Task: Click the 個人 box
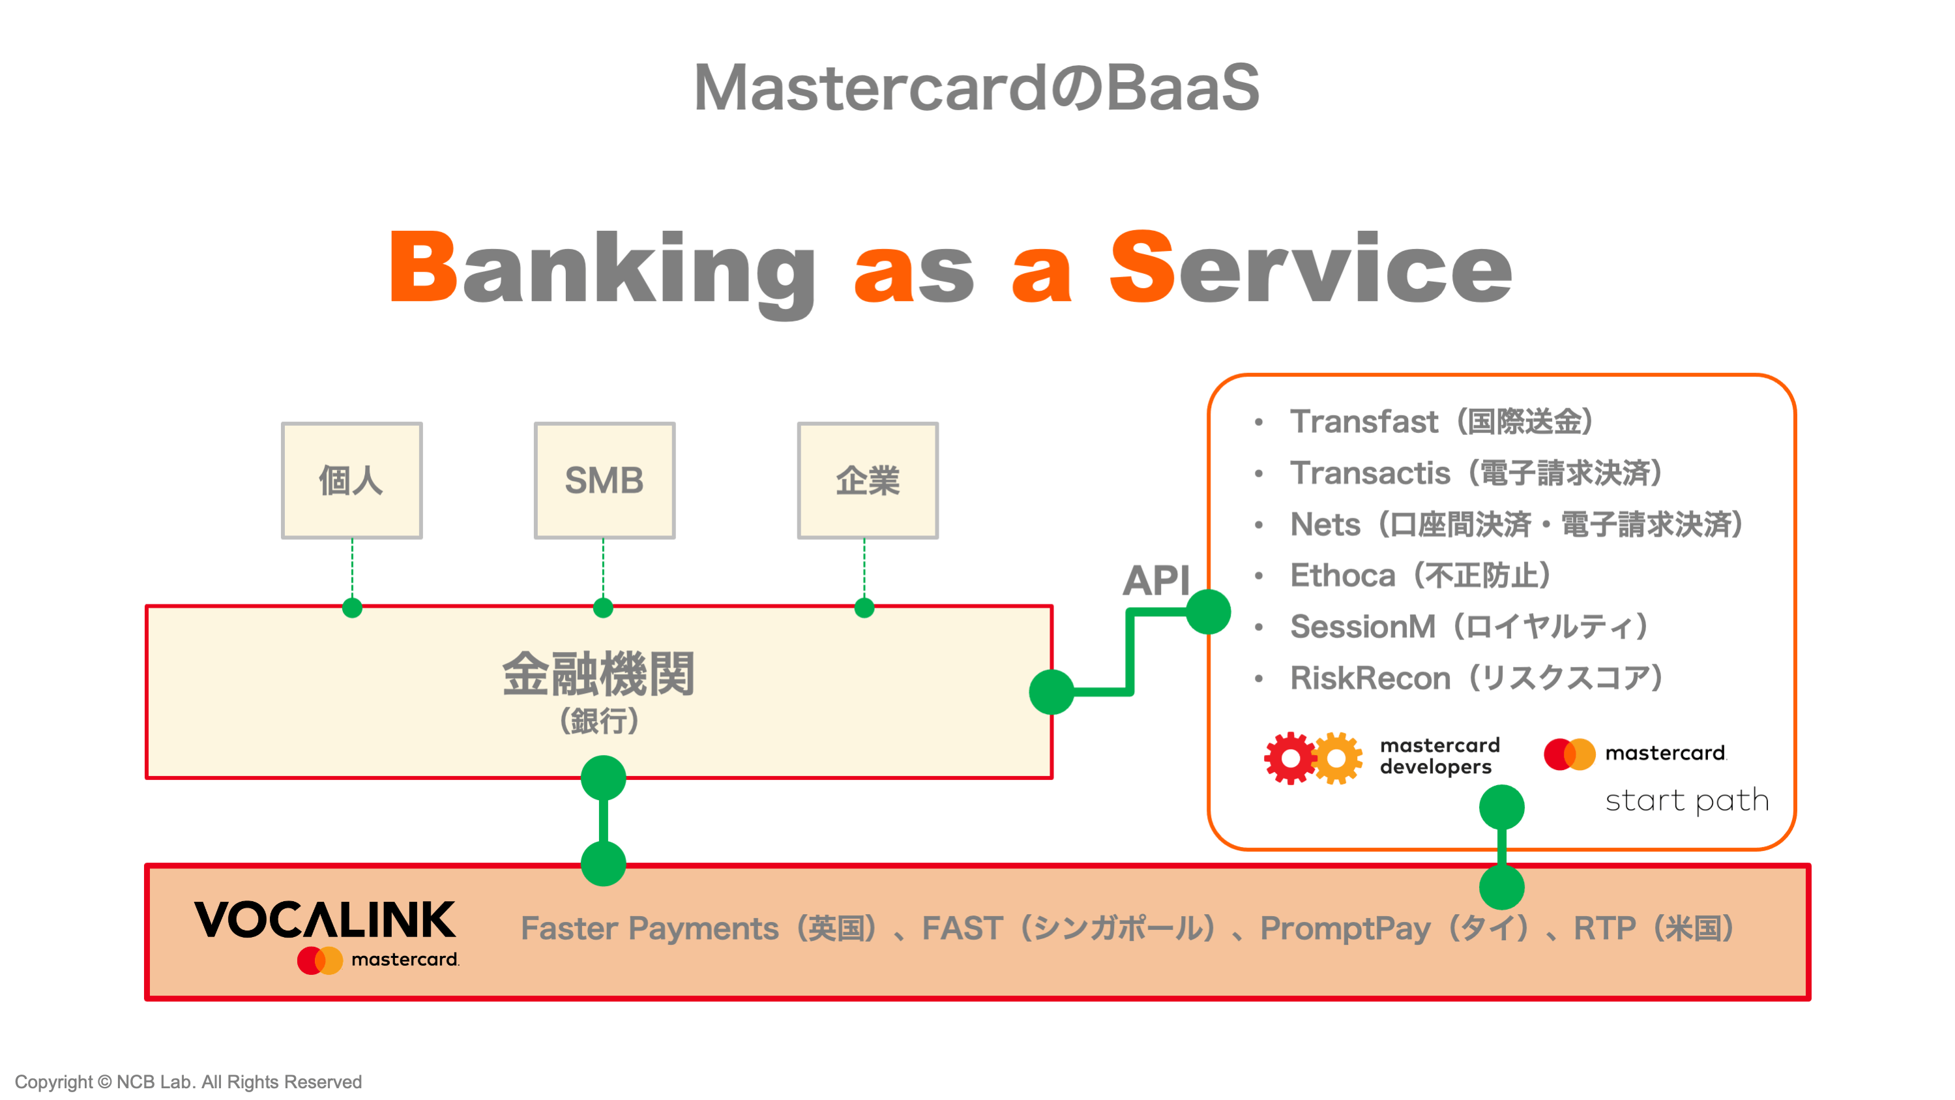[x=351, y=481]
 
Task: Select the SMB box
[x=604, y=481]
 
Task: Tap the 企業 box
[x=868, y=481]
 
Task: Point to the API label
[x=1155, y=581]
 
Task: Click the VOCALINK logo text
[x=325, y=920]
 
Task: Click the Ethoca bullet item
[x=1419, y=576]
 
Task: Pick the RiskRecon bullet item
[x=1475, y=678]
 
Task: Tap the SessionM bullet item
[x=1468, y=627]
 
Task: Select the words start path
[x=1686, y=801]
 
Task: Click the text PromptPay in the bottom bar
[x=1344, y=929]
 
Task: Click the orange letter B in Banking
[x=422, y=267]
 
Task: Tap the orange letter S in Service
[x=1141, y=267]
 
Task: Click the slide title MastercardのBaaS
[x=977, y=87]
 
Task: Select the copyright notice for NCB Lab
[x=188, y=1081]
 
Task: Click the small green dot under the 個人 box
[x=352, y=607]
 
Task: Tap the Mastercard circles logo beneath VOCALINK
[x=319, y=960]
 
